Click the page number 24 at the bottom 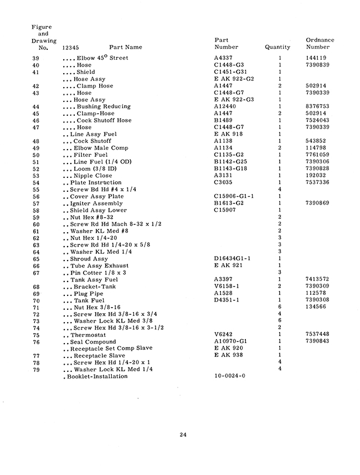[183, 435]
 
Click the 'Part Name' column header [126, 48]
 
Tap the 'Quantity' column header [277, 48]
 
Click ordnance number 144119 [316, 58]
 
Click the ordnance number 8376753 [318, 106]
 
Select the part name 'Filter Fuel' [92, 155]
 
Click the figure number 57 [36, 203]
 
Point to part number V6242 [223, 335]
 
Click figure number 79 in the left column [36, 370]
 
